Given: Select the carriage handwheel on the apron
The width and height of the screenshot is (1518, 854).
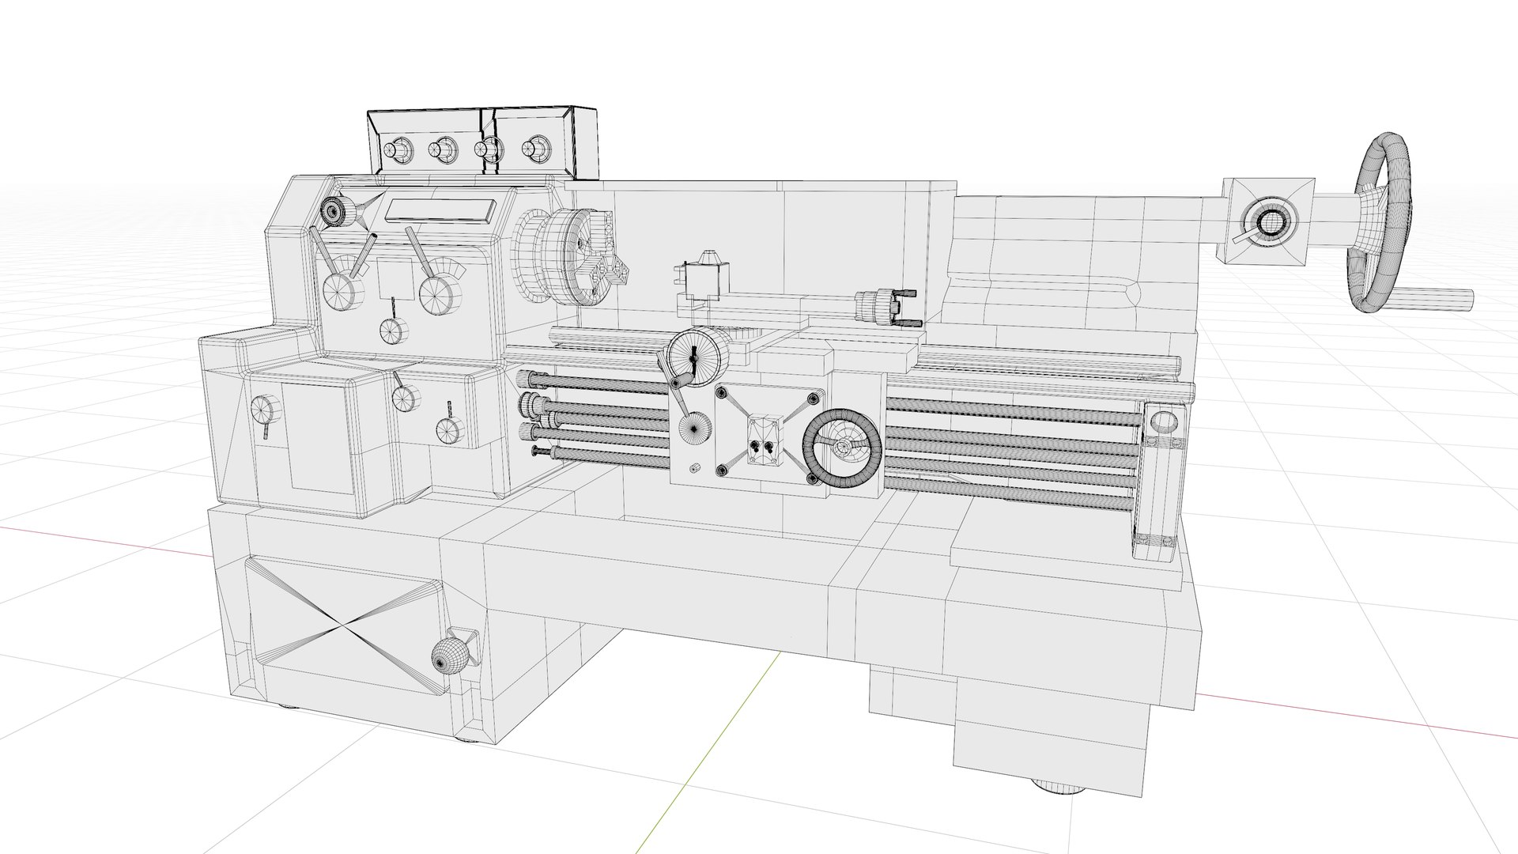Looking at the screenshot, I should tap(841, 448).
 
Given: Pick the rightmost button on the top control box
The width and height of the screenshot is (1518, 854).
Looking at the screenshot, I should tap(538, 147).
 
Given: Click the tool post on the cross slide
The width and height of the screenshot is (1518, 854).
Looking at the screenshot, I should tap(702, 279).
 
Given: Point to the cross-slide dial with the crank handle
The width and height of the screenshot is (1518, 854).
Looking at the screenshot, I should tap(693, 353).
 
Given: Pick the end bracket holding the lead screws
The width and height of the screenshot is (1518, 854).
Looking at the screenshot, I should tap(1160, 482).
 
